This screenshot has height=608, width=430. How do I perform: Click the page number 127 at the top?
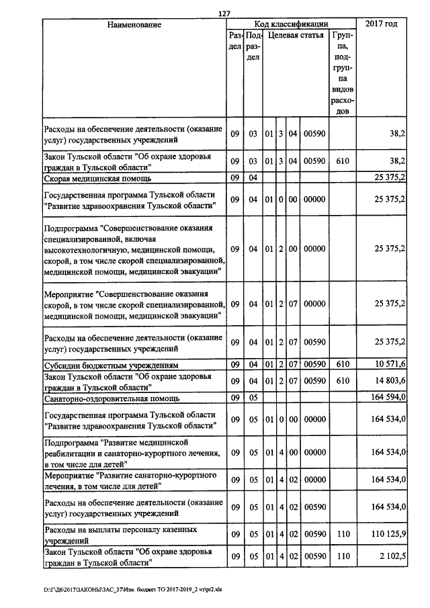pyautogui.click(x=224, y=13)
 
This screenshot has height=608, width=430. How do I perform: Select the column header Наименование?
pyautogui.click(x=134, y=24)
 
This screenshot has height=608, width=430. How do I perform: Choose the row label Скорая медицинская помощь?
pyautogui.click(x=97, y=178)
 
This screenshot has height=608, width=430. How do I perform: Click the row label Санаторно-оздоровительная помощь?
pyautogui.click(x=110, y=398)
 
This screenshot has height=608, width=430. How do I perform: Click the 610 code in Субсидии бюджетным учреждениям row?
pyautogui.click(x=343, y=364)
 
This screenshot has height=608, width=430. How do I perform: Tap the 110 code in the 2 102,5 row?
pyautogui.click(x=343, y=557)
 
